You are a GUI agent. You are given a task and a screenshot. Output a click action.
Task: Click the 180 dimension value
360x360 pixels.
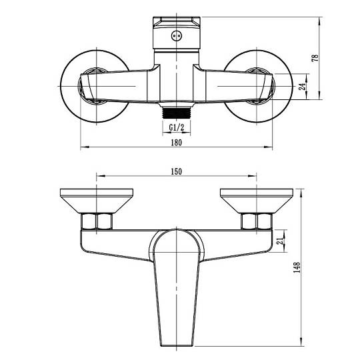point(176,143)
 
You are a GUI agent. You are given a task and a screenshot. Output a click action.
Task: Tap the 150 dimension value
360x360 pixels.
point(176,171)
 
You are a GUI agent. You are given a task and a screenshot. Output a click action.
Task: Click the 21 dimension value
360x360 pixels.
point(280,241)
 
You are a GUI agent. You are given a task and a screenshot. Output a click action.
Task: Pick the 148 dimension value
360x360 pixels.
point(297,267)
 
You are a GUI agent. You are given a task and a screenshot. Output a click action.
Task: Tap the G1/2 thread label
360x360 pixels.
point(177,127)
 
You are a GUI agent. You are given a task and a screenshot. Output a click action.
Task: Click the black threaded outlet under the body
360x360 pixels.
point(176,113)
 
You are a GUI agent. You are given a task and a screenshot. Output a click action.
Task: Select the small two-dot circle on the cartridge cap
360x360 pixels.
point(176,36)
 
